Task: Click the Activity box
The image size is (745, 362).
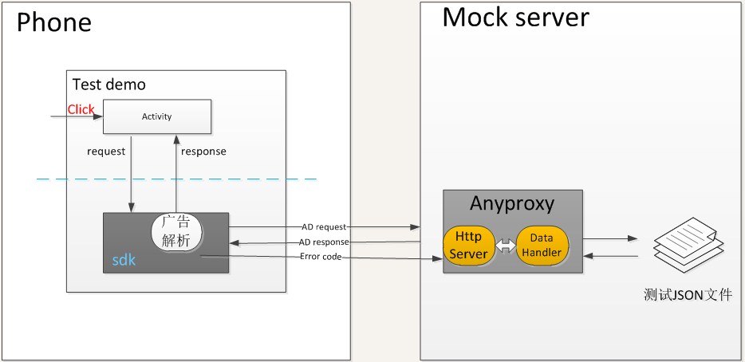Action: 157,116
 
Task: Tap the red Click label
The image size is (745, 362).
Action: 81,110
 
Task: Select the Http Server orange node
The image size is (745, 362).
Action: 468,245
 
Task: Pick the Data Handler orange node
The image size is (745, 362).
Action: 542,245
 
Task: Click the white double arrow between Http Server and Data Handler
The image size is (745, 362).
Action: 505,246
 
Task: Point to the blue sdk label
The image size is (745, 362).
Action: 124,260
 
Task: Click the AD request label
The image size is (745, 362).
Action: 324,227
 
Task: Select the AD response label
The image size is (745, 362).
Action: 324,242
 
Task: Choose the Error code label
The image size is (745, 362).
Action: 321,257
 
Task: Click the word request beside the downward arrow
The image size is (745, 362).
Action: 106,151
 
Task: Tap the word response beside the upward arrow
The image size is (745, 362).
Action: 203,152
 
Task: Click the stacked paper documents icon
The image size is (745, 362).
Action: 689,245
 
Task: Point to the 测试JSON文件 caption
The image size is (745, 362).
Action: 688,295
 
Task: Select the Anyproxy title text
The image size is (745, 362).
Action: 512,203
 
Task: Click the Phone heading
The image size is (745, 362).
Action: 54,22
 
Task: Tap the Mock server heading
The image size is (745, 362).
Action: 515,17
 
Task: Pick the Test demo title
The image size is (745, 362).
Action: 108,85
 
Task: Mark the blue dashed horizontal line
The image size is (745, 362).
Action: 177,179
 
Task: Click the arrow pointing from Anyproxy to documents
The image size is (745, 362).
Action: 610,238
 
